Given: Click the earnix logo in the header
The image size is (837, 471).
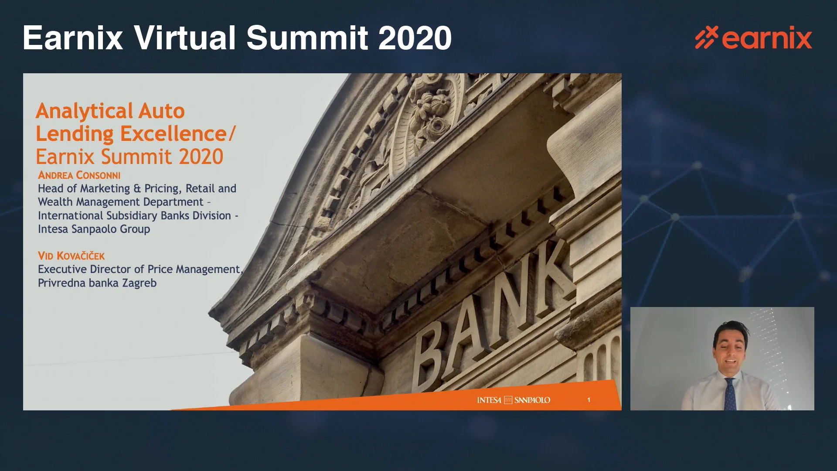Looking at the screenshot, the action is coord(753,38).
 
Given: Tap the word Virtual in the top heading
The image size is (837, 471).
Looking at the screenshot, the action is coord(185,38).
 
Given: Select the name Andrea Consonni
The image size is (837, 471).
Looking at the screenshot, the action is coord(79,175).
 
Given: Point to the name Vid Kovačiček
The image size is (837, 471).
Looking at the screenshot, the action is coord(71,256).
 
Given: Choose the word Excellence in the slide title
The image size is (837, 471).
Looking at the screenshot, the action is coord(174,133).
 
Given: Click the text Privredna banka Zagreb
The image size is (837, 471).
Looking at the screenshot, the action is coord(97,283).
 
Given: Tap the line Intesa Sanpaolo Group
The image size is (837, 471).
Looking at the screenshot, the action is coord(94,229).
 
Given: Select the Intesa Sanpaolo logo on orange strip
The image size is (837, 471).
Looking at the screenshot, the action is coord(514,400).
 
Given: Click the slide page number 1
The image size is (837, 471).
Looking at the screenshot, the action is coord(589,400).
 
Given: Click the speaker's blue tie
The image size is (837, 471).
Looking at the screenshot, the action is coord(730,394).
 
